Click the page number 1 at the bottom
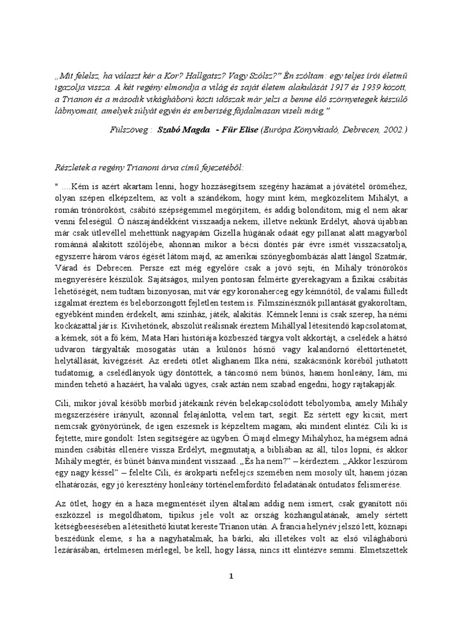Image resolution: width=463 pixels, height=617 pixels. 231,576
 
